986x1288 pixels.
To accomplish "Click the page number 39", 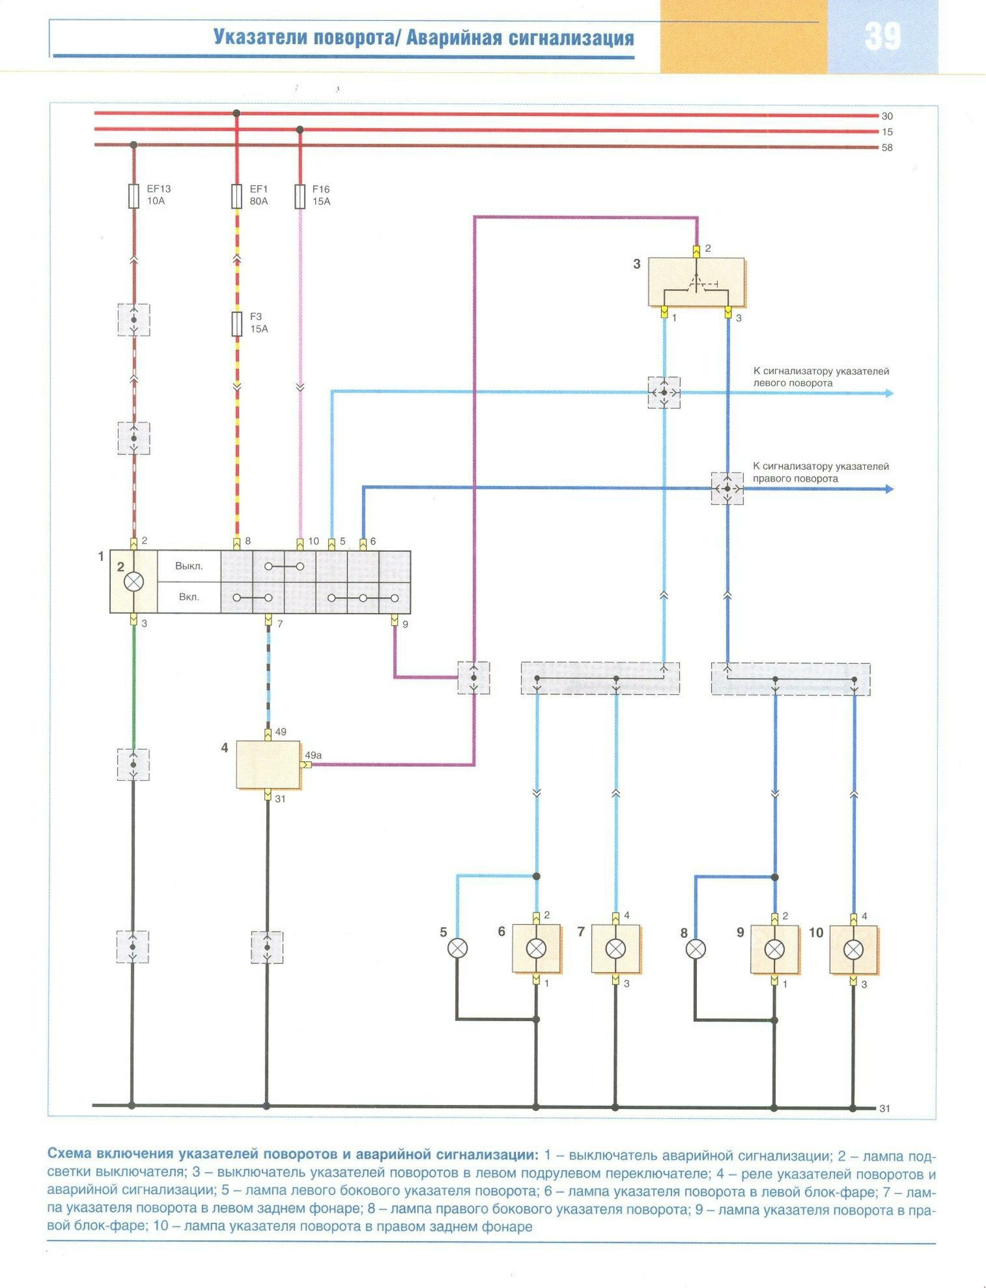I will [x=882, y=36].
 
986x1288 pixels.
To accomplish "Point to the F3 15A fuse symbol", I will [x=237, y=323].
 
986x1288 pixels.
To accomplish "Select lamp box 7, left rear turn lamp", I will [x=615, y=948].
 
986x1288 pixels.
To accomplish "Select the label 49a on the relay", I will [x=313, y=755].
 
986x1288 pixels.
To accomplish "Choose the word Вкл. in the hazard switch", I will [x=189, y=597].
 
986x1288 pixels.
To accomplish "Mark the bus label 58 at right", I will [x=887, y=148].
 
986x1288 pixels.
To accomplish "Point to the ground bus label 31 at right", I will [x=885, y=1108].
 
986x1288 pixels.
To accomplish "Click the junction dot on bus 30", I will [x=237, y=113].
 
